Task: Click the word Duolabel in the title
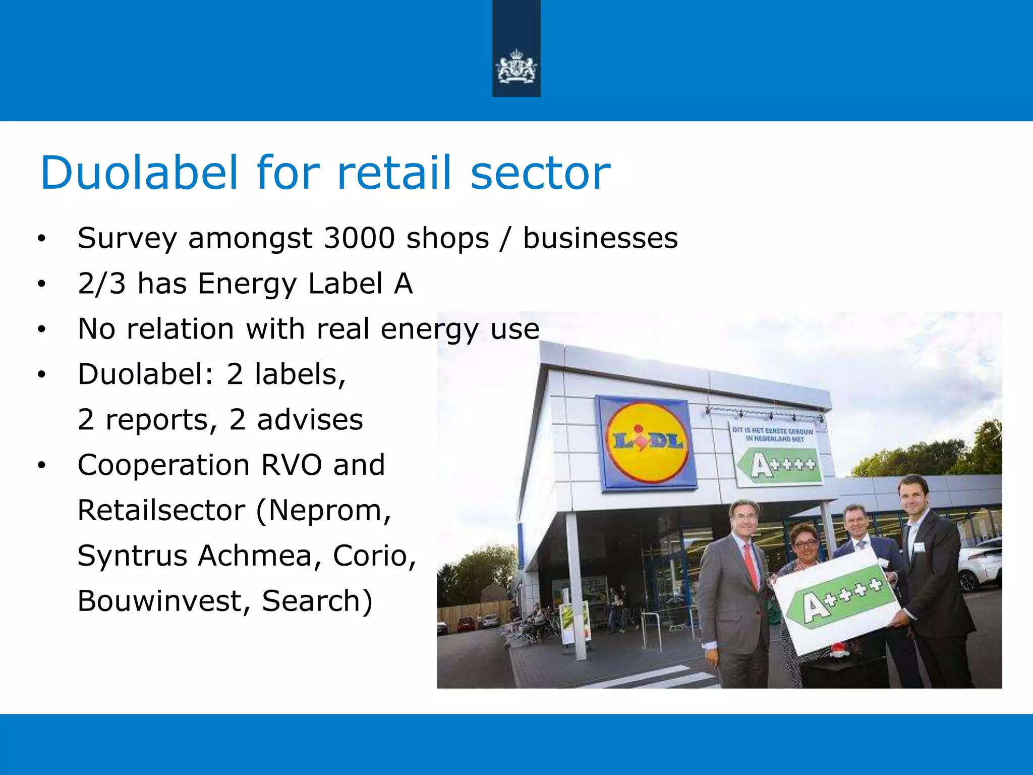point(139,173)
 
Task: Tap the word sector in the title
point(540,173)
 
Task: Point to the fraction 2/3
point(101,283)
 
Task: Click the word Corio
point(374,556)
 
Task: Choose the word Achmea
point(261,556)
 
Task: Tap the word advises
point(310,419)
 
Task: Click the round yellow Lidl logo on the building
point(647,442)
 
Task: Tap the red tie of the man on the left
point(752,565)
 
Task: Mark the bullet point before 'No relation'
point(41,329)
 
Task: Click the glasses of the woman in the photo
point(806,544)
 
